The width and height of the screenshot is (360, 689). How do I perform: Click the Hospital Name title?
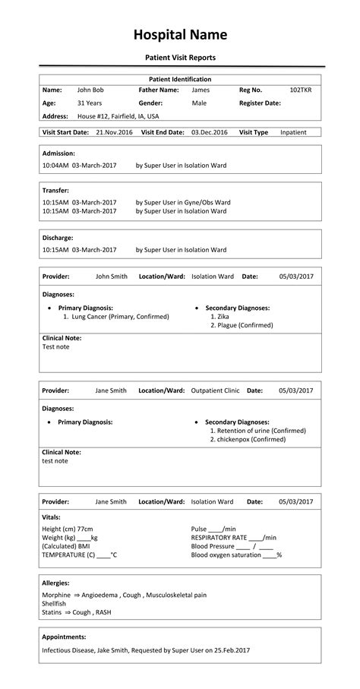click(x=180, y=35)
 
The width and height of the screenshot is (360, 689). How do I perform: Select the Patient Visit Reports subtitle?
click(x=180, y=58)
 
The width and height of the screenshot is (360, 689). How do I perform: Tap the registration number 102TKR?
click(x=301, y=90)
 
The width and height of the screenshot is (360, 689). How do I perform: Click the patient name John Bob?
click(x=90, y=90)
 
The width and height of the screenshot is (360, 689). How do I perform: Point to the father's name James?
click(x=201, y=90)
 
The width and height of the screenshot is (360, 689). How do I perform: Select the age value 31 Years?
click(x=90, y=103)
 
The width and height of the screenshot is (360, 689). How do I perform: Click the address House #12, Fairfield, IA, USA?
click(x=118, y=116)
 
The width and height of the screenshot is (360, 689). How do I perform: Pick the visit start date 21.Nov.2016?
click(x=114, y=132)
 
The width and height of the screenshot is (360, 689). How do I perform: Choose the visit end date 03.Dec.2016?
click(x=209, y=132)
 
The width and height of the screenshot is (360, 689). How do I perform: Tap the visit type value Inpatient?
click(x=293, y=132)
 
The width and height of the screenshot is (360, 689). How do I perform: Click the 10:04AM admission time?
click(x=55, y=164)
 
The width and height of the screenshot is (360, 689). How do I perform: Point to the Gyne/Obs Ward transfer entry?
click(x=182, y=202)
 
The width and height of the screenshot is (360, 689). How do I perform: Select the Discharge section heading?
click(x=58, y=237)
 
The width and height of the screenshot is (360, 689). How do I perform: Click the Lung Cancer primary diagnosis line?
click(x=115, y=316)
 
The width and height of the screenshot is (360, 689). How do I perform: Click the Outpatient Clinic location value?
click(x=215, y=390)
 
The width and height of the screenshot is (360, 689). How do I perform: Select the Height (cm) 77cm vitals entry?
click(x=68, y=529)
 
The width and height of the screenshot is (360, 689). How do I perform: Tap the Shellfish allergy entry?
click(x=55, y=603)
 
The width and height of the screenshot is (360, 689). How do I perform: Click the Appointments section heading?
click(x=64, y=637)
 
